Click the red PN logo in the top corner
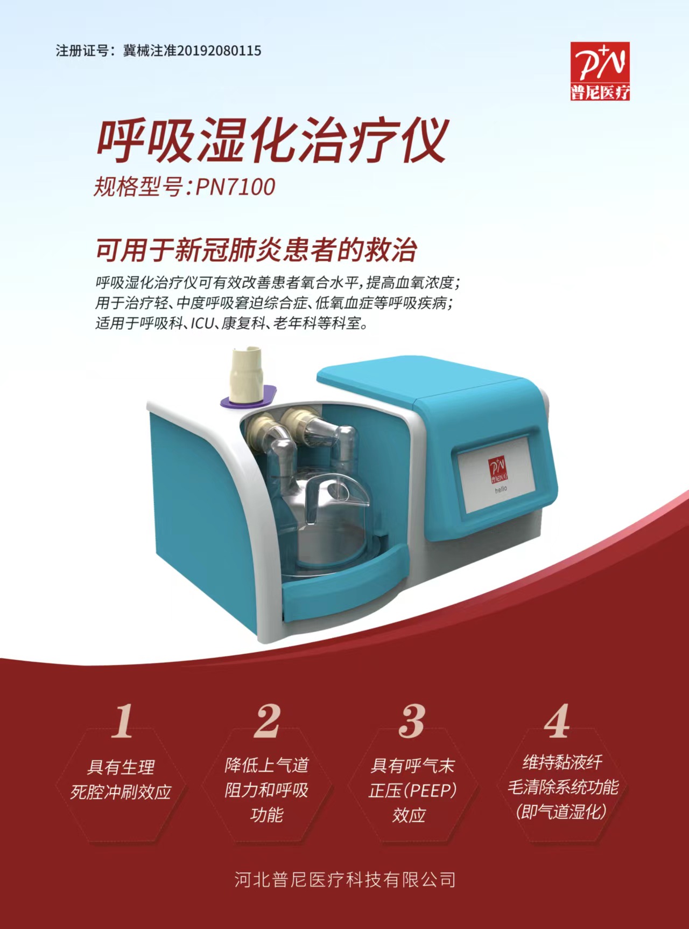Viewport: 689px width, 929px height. (600, 71)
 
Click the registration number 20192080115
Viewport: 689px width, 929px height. (219, 51)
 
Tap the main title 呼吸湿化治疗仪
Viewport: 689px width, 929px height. (272, 141)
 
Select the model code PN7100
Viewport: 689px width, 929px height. (236, 187)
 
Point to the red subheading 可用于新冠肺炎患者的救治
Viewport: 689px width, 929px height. (257, 249)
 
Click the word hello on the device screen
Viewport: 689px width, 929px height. (501, 489)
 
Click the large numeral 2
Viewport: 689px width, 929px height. (268, 720)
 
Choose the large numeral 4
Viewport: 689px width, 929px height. (557, 720)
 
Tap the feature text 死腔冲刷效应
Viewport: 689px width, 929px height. (121, 792)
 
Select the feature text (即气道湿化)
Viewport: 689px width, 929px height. (561, 811)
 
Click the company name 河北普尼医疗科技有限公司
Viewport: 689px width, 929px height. (345, 880)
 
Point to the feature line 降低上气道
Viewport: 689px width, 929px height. (267, 765)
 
